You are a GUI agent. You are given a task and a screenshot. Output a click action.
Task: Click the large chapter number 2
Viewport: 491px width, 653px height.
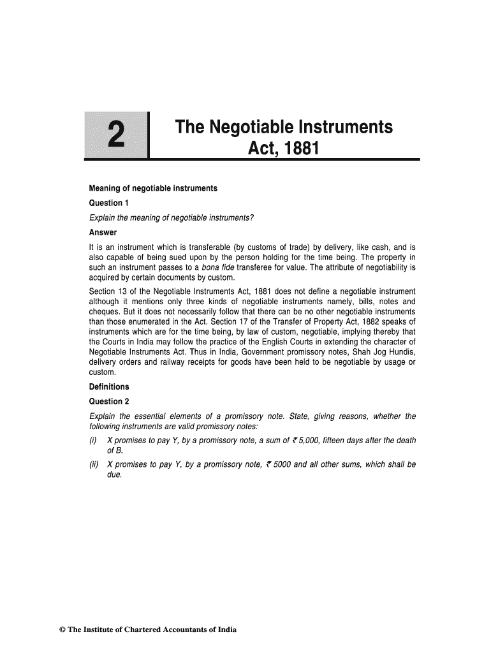click(115, 135)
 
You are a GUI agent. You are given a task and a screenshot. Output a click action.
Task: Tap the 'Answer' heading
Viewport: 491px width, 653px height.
click(103, 232)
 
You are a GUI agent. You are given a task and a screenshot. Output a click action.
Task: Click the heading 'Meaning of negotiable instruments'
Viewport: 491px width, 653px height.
click(152, 188)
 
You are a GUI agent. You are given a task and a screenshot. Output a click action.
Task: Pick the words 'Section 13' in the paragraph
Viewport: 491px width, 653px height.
click(109, 291)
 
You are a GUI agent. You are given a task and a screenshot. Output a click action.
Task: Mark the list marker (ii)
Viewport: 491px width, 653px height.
click(94, 464)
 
